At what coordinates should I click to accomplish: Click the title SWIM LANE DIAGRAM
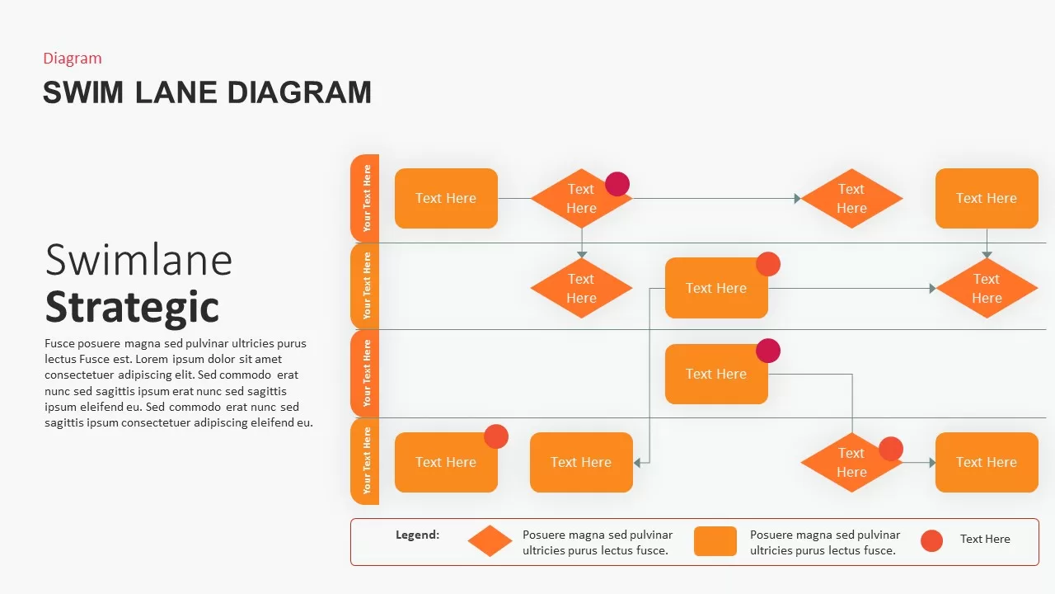pyautogui.click(x=207, y=92)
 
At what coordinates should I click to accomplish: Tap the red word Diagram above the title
pyautogui.click(x=73, y=58)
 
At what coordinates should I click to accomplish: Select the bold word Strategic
pyautogui.click(x=132, y=306)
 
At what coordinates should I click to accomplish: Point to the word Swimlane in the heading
pyautogui.click(x=138, y=260)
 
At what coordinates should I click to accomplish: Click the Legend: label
pyautogui.click(x=417, y=535)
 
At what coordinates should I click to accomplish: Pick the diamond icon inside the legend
pyautogui.click(x=490, y=541)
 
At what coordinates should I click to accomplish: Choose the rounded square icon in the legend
pyautogui.click(x=715, y=541)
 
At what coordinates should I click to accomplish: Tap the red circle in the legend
pyautogui.click(x=931, y=540)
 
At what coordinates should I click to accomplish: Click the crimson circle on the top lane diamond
pyautogui.click(x=617, y=184)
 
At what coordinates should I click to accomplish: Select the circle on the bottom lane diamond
pyautogui.click(x=891, y=449)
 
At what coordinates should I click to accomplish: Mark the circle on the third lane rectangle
pyautogui.click(x=768, y=351)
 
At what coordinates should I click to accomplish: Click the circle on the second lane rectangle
pyautogui.click(x=768, y=264)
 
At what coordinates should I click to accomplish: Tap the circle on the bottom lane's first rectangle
pyautogui.click(x=496, y=436)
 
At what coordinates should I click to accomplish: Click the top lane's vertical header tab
pyautogui.click(x=365, y=198)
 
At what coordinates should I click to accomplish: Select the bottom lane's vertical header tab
pyautogui.click(x=365, y=461)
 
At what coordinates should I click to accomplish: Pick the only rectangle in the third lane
pyautogui.click(x=715, y=375)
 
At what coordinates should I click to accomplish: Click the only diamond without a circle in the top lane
pyautogui.click(x=851, y=198)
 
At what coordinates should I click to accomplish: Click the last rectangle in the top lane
pyautogui.click(x=986, y=198)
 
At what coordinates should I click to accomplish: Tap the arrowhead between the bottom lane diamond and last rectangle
pyautogui.click(x=931, y=463)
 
